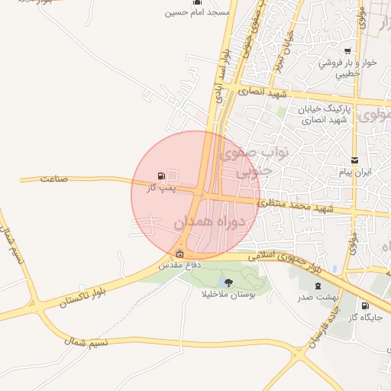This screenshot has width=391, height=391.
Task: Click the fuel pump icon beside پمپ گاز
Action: (x=161, y=176)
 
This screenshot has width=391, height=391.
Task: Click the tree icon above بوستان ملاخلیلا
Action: (x=229, y=283)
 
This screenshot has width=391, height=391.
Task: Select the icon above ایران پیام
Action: (x=354, y=160)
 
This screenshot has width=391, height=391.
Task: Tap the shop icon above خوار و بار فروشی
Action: (x=347, y=51)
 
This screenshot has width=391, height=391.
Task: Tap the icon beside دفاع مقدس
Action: (x=180, y=254)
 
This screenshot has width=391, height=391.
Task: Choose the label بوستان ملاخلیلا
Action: (x=229, y=295)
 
